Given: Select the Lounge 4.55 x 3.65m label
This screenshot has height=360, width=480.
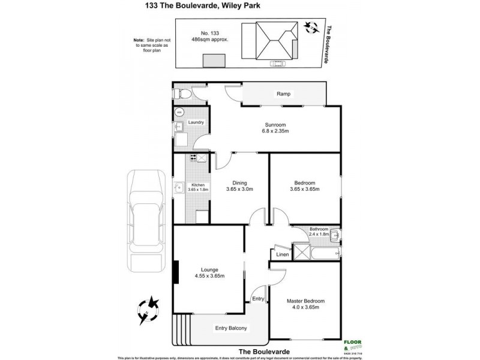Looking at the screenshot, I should click(x=209, y=273).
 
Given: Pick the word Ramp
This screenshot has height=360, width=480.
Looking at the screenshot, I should click(x=283, y=94).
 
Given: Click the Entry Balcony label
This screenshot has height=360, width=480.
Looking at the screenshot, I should click(x=231, y=328).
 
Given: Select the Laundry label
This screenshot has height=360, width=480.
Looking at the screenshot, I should click(x=196, y=122).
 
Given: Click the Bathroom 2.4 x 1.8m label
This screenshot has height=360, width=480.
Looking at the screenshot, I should click(x=319, y=232).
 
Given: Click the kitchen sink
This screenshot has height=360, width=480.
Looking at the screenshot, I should click(x=179, y=190).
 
